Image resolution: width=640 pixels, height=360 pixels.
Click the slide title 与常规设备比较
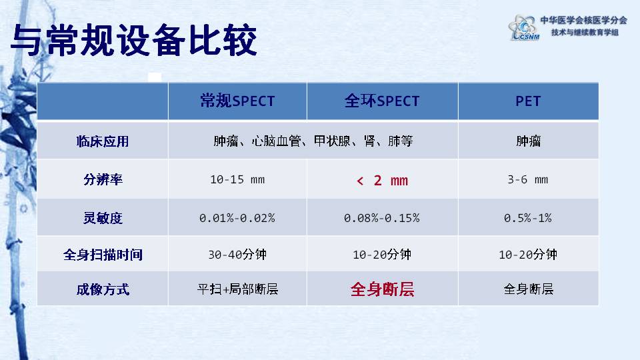tap(133, 40)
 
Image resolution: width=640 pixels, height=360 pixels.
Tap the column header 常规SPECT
tap(237, 101)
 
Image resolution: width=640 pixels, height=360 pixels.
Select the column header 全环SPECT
tap(382, 101)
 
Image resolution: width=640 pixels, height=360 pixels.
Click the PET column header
tap(528, 101)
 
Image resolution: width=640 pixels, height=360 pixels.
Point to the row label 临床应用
tap(103, 141)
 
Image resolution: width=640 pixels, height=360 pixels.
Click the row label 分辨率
tap(103, 179)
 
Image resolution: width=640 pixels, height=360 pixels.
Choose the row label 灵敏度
tap(103, 217)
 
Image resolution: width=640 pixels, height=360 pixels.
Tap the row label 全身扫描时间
tap(103, 255)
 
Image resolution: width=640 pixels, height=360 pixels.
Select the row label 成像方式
tap(103, 289)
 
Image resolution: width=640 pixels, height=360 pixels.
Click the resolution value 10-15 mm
tap(237, 179)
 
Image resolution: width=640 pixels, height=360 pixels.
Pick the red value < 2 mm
tap(382, 181)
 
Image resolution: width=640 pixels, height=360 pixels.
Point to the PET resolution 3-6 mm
tap(528, 179)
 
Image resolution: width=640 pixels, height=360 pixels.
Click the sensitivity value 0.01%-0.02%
tap(237, 218)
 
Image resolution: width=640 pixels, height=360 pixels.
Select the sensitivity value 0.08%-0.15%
tap(381, 218)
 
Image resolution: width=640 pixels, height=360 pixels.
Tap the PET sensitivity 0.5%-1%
tap(528, 218)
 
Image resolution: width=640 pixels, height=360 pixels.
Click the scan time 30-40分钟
tap(237, 255)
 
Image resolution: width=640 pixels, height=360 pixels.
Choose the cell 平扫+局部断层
tap(237, 289)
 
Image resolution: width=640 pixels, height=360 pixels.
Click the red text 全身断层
tap(382, 289)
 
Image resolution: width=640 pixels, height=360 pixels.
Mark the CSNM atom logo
tap(524, 27)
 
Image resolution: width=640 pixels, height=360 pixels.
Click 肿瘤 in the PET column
tap(528, 141)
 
